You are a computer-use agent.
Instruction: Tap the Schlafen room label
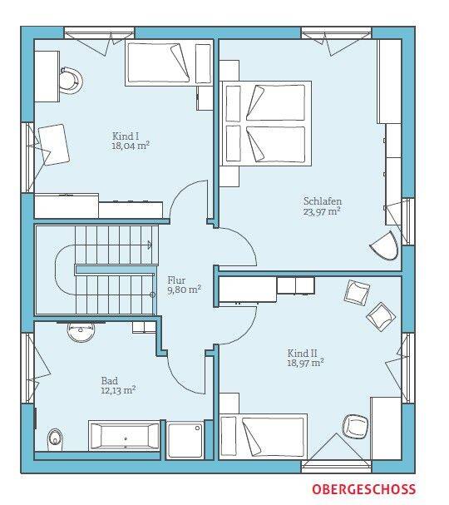coord(323,201)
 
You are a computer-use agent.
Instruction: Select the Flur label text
coord(176,280)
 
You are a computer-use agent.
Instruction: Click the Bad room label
coord(110,381)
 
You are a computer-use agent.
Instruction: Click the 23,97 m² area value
coord(322,211)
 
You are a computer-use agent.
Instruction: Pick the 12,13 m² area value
coord(118,390)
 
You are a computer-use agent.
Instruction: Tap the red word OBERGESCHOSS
coord(363,489)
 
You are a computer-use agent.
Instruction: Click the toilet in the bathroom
coord(55,439)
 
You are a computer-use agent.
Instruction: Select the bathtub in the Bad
coord(124,435)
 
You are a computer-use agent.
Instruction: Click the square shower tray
coord(185,440)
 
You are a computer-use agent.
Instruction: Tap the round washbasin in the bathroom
coord(81,332)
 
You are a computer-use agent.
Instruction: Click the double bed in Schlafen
coord(266,123)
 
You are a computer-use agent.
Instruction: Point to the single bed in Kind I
coord(161,63)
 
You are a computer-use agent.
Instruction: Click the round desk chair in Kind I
coord(72,80)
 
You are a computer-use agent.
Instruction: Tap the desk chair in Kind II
coord(355,427)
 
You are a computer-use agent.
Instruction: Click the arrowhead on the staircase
coord(150,245)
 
